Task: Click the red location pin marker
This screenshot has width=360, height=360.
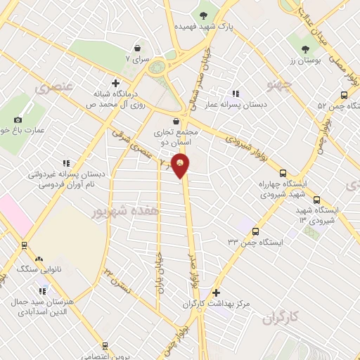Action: pyautogui.click(x=181, y=165)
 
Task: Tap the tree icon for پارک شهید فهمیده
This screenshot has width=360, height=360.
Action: pyautogui.click(x=204, y=15)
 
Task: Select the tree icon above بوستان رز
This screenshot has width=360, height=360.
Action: pyautogui.click(x=305, y=49)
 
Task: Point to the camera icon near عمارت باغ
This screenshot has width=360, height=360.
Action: pyautogui.click(x=18, y=120)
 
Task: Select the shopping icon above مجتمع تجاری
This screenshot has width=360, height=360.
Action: pyautogui.click(x=174, y=122)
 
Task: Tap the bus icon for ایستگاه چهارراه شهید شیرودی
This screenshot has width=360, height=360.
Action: pyautogui.click(x=283, y=172)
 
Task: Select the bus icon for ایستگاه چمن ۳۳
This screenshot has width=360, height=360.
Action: pyautogui.click(x=255, y=230)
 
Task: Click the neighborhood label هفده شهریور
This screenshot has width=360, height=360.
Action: pyautogui.click(x=124, y=210)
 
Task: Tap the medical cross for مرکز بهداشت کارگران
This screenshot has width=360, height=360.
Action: pyautogui.click(x=216, y=292)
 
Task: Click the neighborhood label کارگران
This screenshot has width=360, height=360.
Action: pyautogui.click(x=281, y=319)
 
